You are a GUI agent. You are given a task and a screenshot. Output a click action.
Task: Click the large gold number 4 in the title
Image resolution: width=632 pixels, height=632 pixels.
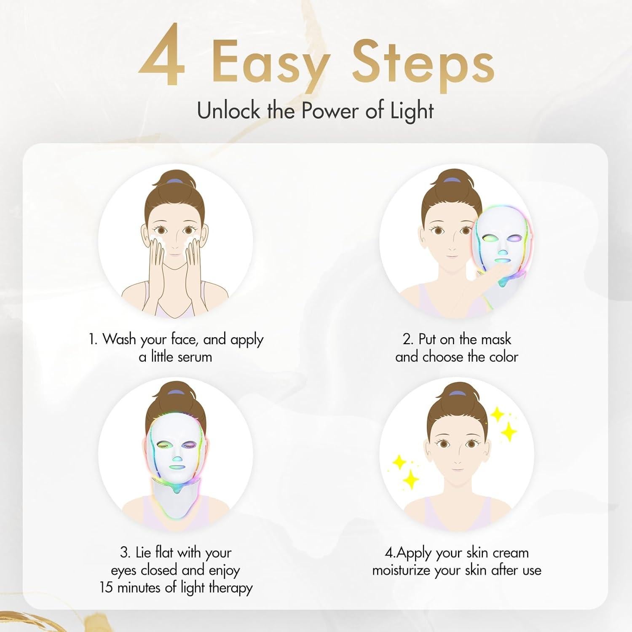coord(162,59)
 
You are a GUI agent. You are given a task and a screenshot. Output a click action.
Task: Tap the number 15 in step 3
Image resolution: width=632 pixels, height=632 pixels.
coord(107,587)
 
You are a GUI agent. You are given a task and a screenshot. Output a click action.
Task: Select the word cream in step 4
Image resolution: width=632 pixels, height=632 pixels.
coord(510,552)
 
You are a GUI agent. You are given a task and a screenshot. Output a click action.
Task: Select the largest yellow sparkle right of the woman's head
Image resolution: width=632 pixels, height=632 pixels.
coord(509,431)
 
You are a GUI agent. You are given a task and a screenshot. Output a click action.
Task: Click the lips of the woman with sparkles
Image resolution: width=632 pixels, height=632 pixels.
coord(456,468)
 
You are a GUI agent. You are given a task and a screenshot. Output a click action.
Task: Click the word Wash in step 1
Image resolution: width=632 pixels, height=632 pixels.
coord(119,339)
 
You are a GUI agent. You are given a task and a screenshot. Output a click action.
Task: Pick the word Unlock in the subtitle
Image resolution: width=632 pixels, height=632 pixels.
coord(228,111)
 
